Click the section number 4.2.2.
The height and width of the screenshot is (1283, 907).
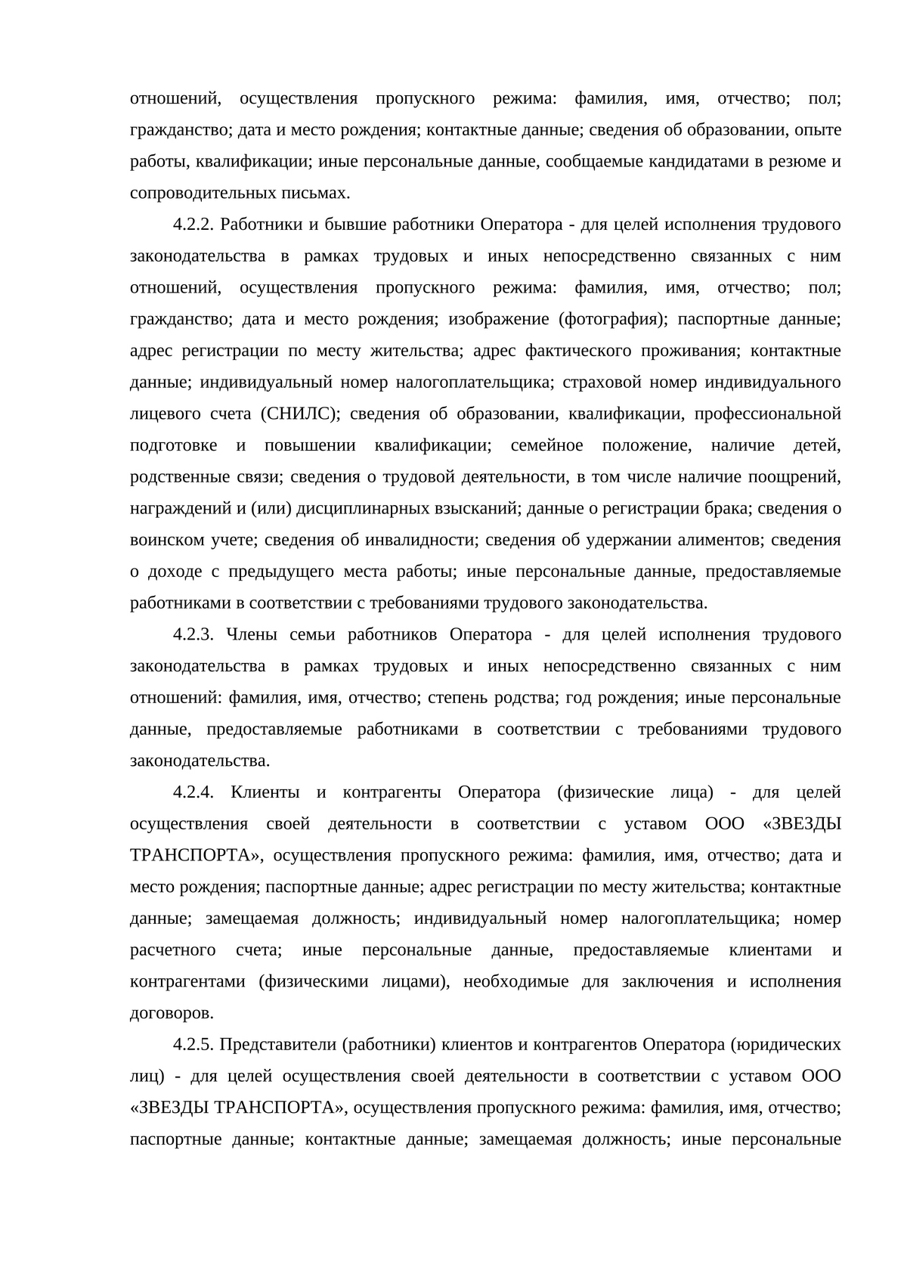(194, 225)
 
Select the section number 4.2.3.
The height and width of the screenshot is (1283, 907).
(194, 634)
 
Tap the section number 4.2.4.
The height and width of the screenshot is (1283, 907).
(194, 792)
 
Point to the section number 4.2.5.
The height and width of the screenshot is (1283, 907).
(194, 1045)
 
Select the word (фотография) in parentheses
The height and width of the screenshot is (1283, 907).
(612, 319)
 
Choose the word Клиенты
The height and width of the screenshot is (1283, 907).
(265, 792)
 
